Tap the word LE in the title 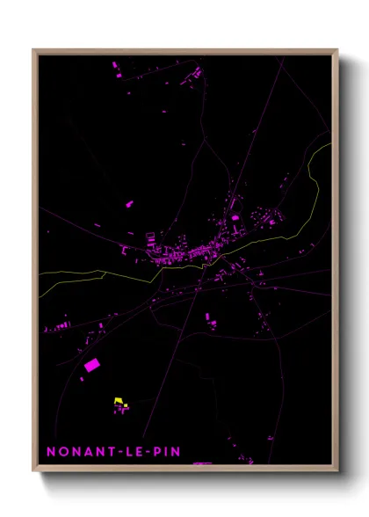pyautogui.click(x=134, y=451)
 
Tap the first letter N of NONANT pyautogui.click(x=52, y=451)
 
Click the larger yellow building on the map pyautogui.click(x=118, y=401)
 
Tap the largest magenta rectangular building pyautogui.click(x=90, y=364)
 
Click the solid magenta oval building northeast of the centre pyautogui.click(x=235, y=217)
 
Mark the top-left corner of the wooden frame pyautogui.click(x=34, y=50)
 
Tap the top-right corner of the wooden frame pyautogui.click(x=336, y=50)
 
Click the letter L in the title pyautogui.click(x=128, y=451)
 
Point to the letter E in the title pyautogui.click(x=140, y=451)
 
